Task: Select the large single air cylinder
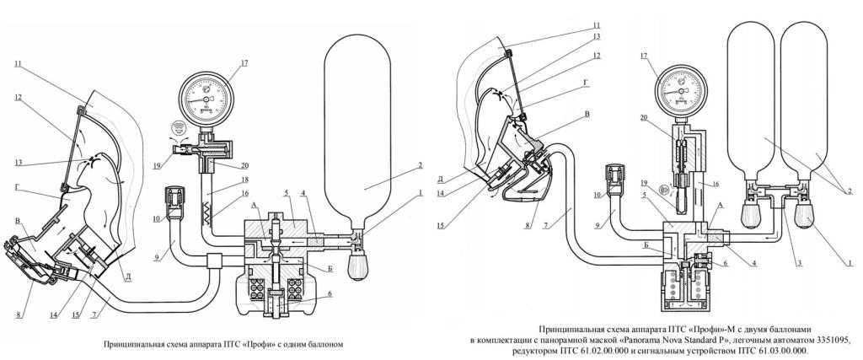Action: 357,135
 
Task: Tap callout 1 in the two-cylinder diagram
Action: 851,265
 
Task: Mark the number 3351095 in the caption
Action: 826,338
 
